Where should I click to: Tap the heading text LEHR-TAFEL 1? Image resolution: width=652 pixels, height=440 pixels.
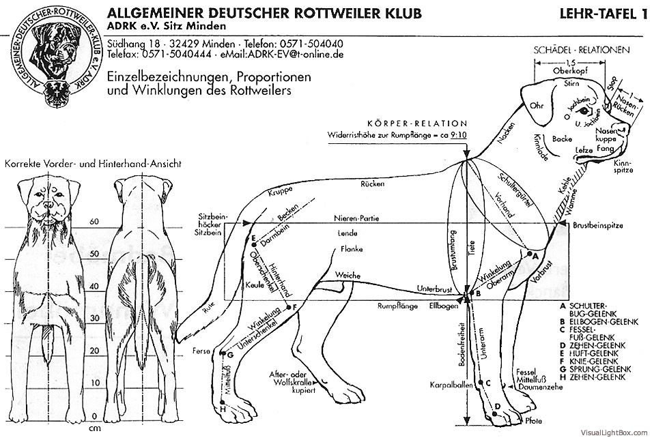[602, 13]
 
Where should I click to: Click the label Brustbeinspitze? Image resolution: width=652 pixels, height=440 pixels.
[597, 224]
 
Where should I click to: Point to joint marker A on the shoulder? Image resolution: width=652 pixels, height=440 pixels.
[531, 254]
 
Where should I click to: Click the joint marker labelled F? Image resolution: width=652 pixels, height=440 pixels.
[294, 307]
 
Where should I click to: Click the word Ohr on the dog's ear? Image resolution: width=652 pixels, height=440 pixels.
[536, 106]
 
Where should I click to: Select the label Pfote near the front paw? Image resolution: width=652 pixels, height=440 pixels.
[533, 421]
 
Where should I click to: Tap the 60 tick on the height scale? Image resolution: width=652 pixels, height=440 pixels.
[95, 221]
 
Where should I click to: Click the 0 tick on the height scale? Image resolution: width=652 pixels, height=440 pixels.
[95, 415]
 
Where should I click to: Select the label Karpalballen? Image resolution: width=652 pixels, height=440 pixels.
[447, 385]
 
